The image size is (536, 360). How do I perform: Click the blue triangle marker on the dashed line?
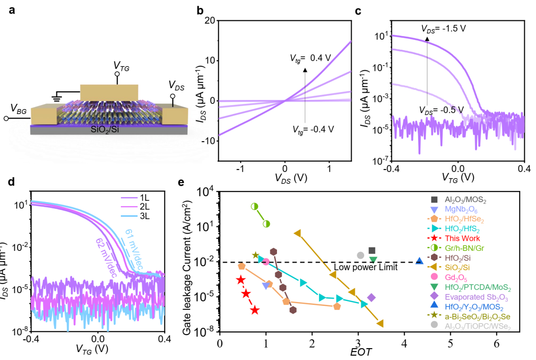(419, 261)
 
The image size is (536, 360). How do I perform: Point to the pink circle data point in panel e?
(266, 262)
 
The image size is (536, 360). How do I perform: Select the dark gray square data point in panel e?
(372, 250)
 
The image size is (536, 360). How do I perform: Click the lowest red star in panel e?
(255, 310)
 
